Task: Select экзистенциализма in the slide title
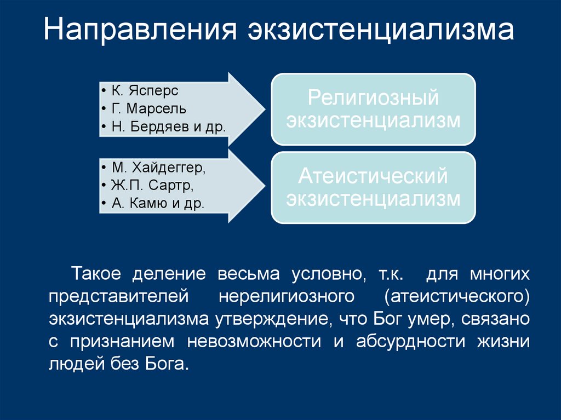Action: pyautogui.click(x=380, y=31)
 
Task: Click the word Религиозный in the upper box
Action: pyautogui.click(x=373, y=99)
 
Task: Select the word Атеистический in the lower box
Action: pyautogui.click(x=373, y=176)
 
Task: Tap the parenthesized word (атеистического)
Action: pyautogui.click(x=457, y=296)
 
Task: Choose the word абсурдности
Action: pyautogui.click(x=411, y=342)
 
